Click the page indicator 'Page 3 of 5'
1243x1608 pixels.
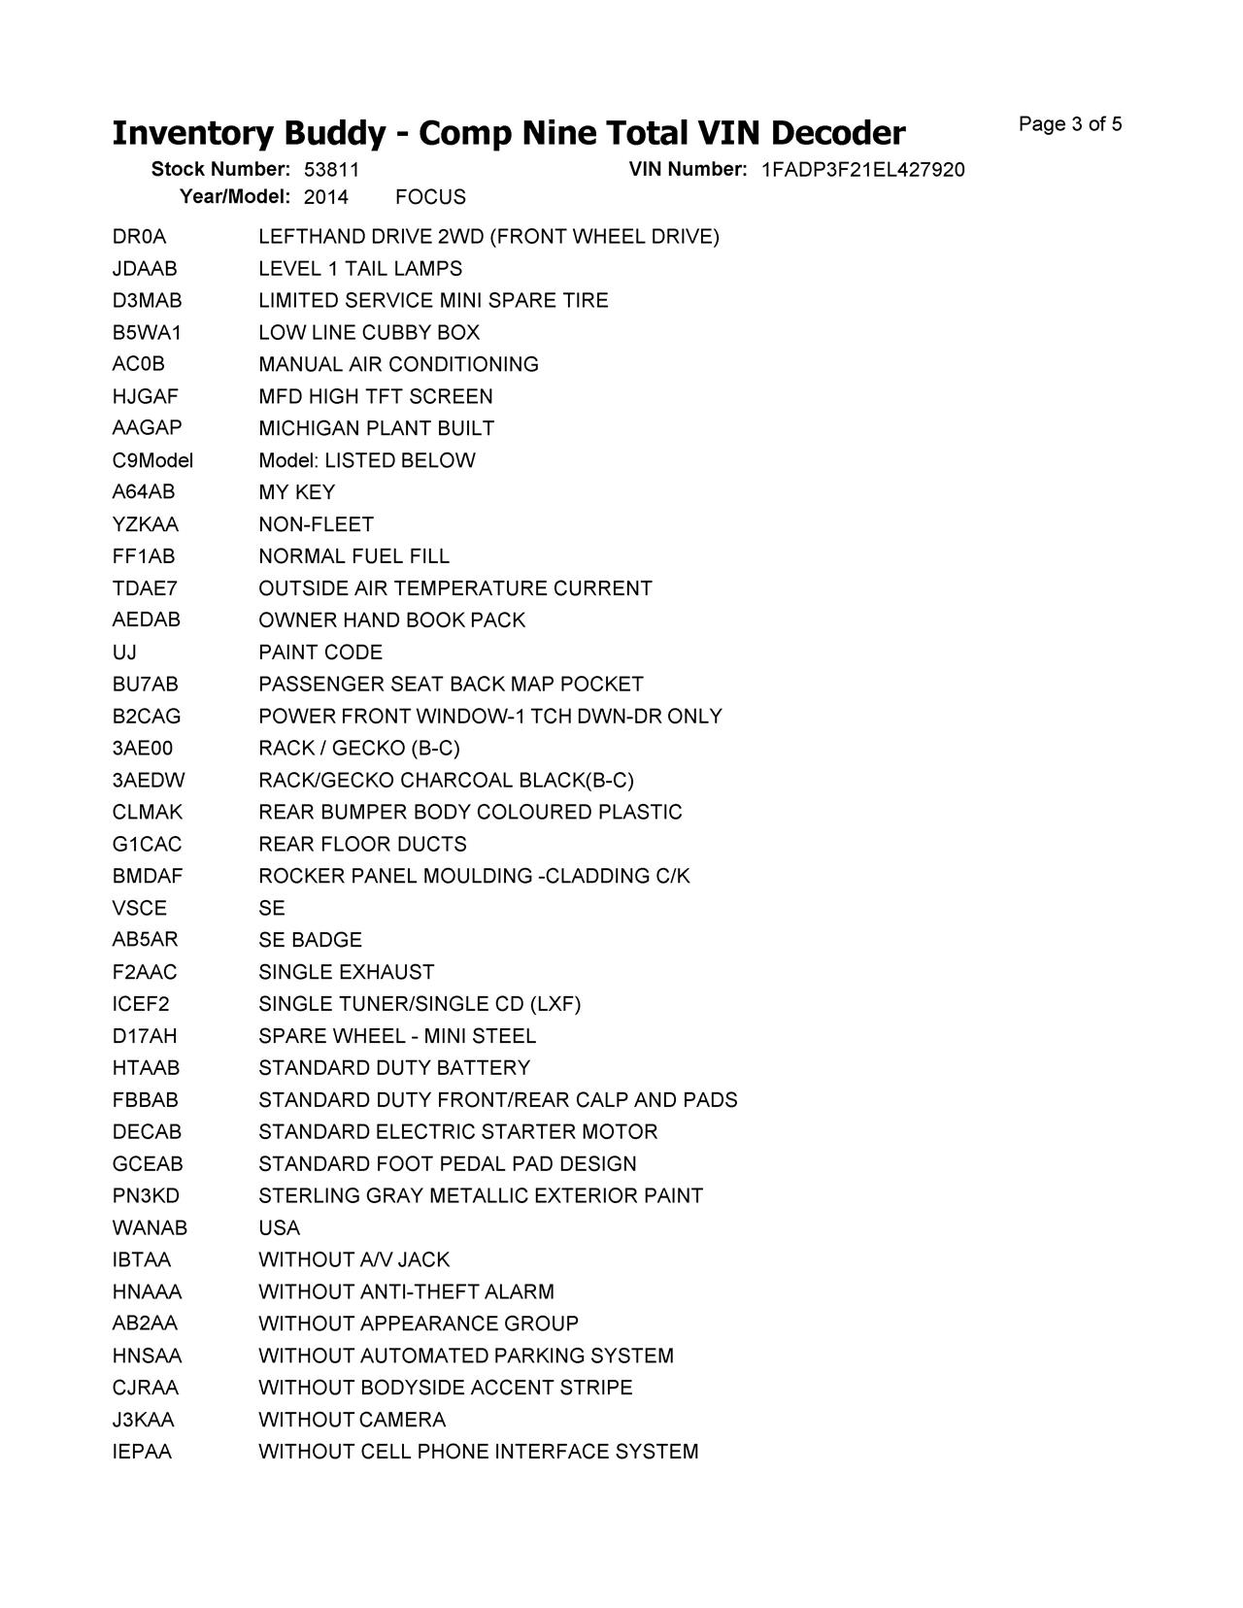[x=1070, y=124]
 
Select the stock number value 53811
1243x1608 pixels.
[x=331, y=170]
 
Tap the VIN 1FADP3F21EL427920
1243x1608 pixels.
[x=862, y=170]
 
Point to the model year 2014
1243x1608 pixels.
[x=326, y=197]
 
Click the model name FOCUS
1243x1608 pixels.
[x=430, y=197]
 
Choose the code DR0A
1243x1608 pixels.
[x=139, y=237]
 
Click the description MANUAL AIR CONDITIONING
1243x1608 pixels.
[x=398, y=364]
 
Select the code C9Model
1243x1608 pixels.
[x=152, y=460]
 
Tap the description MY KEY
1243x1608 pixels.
[x=296, y=492]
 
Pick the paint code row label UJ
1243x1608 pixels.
[x=124, y=653]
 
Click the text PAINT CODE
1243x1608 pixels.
[x=320, y=653]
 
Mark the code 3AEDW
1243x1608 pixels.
[x=149, y=781]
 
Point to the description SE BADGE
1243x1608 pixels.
[x=310, y=940]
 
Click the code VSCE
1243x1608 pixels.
[x=139, y=908]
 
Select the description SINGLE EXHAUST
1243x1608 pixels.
[x=346, y=972]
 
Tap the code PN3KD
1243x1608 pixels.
[x=146, y=1196]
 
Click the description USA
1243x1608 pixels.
[x=279, y=1228]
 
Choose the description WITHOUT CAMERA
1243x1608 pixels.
[x=352, y=1420]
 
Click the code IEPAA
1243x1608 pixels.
[x=142, y=1452]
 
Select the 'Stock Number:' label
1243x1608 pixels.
[x=220, y=170]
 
